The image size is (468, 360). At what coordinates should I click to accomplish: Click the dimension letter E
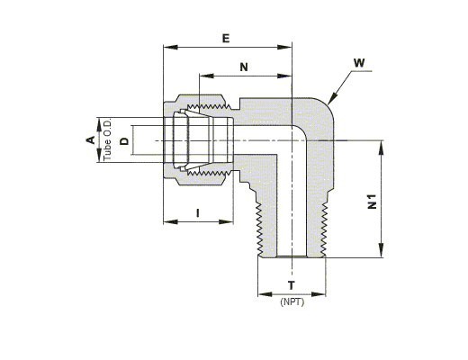click(226, 39)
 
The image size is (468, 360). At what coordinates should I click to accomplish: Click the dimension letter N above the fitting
click(244, 67)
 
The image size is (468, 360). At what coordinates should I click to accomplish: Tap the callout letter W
click(359, 63)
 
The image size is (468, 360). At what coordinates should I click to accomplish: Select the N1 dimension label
click(372, 202)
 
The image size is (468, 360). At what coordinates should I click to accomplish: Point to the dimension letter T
click(292, 285)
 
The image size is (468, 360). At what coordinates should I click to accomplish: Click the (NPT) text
click(292, 301)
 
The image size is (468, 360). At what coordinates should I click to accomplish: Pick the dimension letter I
click(197, 213)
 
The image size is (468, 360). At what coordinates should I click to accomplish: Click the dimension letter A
click(90, 139)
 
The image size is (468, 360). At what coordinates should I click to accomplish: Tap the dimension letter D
click(124, 141)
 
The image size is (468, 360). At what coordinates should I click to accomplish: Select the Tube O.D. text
click(107, 140)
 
